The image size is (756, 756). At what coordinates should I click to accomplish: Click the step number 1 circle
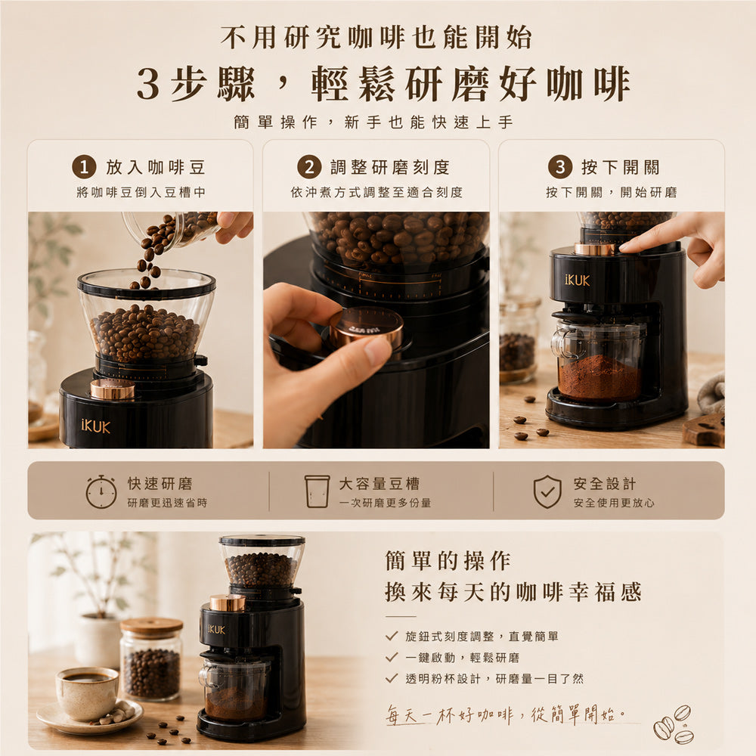coord(84,167)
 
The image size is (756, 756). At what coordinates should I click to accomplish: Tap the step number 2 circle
coord(309,167)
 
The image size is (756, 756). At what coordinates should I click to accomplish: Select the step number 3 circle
coord(559,167)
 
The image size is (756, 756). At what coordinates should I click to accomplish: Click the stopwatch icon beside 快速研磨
coord(101,491)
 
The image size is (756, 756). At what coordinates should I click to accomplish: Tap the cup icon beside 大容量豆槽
coord(317,491)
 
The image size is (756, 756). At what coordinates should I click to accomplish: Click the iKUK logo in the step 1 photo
coord(95,426)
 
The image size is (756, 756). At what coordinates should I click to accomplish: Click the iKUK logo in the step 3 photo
coord(577,280)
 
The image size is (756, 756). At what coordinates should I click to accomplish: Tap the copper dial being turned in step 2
coord(367,327)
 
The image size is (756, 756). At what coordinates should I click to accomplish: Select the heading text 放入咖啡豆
coord(156,167)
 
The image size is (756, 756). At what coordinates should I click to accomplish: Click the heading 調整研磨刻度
coord(389,167)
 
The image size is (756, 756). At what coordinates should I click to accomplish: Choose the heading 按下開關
coord(620,167)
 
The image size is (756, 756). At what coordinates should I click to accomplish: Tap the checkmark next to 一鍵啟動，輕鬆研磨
coord(392,657)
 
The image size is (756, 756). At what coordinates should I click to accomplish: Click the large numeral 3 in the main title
coord(148,85)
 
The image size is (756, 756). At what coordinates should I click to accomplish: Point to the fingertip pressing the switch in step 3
coord(625,247)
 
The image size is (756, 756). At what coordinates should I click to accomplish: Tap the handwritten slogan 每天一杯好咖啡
coord(450,714)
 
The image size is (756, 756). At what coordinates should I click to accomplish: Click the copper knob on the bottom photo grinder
coord(227,603)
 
